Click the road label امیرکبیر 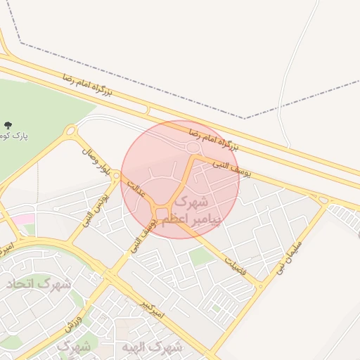(x=153, y=309)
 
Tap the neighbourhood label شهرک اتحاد (x=39, y=284)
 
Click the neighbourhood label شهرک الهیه (x=150, y=347)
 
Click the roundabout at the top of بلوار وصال (x=70, y=130)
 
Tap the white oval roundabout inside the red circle (x=193, y=146)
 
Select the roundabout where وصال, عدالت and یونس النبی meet (x=115, y=174)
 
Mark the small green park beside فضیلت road (x=202, y=257)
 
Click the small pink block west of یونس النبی (x=25, y=220)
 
